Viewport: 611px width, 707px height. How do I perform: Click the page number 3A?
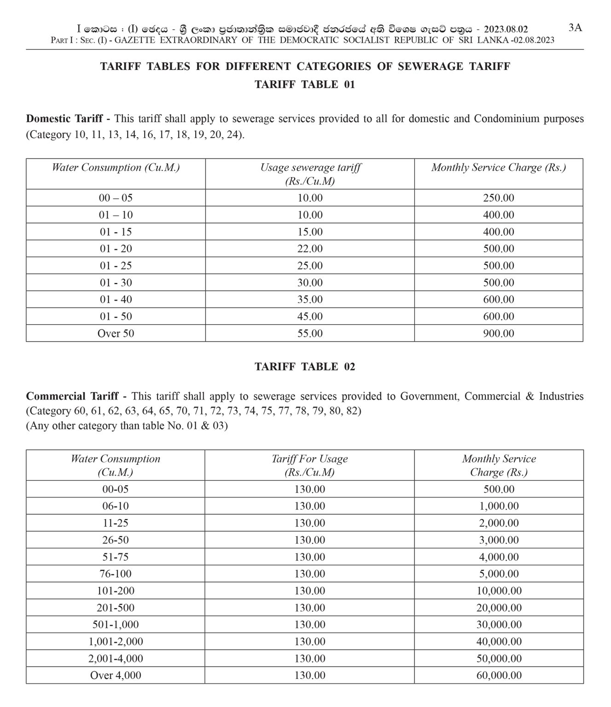point(575,28)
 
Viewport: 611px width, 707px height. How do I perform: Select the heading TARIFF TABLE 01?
point(305,85)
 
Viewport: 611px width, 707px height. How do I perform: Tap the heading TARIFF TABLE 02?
point(305,367)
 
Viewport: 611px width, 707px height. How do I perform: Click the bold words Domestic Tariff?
point(64,119)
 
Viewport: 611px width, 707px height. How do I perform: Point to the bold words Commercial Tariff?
point(72,396)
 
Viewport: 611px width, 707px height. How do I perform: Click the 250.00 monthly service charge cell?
point(498,198)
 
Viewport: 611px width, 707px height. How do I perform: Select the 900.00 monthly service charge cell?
point(498,333)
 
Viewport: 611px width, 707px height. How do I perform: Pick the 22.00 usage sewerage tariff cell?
point(310,249)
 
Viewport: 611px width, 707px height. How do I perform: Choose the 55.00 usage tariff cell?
point(310,333)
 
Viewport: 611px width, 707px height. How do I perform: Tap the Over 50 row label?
point(116,333)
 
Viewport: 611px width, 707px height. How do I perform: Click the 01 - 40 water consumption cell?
point(116,300)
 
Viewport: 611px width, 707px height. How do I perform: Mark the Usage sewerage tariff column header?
point(310,174)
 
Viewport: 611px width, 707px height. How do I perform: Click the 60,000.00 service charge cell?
point(499,675)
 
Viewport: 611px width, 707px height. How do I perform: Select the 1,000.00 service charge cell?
point(499,506)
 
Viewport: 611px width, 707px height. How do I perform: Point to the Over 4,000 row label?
point(116,675)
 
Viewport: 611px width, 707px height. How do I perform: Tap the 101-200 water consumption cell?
point(116,591)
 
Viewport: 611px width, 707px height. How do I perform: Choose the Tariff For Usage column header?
point(309,465)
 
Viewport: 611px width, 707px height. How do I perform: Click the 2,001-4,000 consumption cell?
point(116,658)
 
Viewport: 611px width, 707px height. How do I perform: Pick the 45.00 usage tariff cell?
point(310,317)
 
